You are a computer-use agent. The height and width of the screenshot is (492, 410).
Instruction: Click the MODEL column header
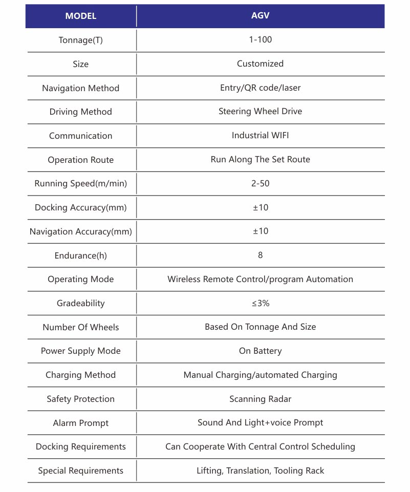[80, 16]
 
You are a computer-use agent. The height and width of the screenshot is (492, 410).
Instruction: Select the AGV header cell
[260, 15]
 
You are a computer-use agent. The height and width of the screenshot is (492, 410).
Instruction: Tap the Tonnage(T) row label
[80, 40]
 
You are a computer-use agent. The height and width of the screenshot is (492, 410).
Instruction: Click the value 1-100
[260, 39]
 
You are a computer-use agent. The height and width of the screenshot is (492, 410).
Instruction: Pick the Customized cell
[260, 63]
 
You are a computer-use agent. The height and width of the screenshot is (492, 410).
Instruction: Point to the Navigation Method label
[80, 88]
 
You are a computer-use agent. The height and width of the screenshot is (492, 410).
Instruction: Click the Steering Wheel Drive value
[260, 111]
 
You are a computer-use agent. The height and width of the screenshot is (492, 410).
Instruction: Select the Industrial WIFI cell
[260, 135]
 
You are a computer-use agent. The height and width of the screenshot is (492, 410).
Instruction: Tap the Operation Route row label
[80, 160]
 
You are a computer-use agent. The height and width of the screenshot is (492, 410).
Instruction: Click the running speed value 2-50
[260, 183]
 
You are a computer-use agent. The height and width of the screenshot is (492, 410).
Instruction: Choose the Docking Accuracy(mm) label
[80, 207]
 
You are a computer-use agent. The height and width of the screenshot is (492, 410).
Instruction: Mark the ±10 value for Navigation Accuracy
[260, 231]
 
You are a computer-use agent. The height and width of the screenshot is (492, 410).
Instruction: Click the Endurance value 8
[260, 255]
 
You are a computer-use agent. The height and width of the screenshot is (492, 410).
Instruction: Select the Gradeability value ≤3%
[260, 303]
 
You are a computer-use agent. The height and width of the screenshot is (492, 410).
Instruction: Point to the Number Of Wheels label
[80, 327]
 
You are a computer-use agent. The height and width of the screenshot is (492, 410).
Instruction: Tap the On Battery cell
[260, 351]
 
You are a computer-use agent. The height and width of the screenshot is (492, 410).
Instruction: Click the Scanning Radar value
[260, 399]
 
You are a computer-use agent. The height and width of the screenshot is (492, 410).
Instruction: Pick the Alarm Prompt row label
[80, 423]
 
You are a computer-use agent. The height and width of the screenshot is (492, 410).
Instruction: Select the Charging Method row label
[80, 375]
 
